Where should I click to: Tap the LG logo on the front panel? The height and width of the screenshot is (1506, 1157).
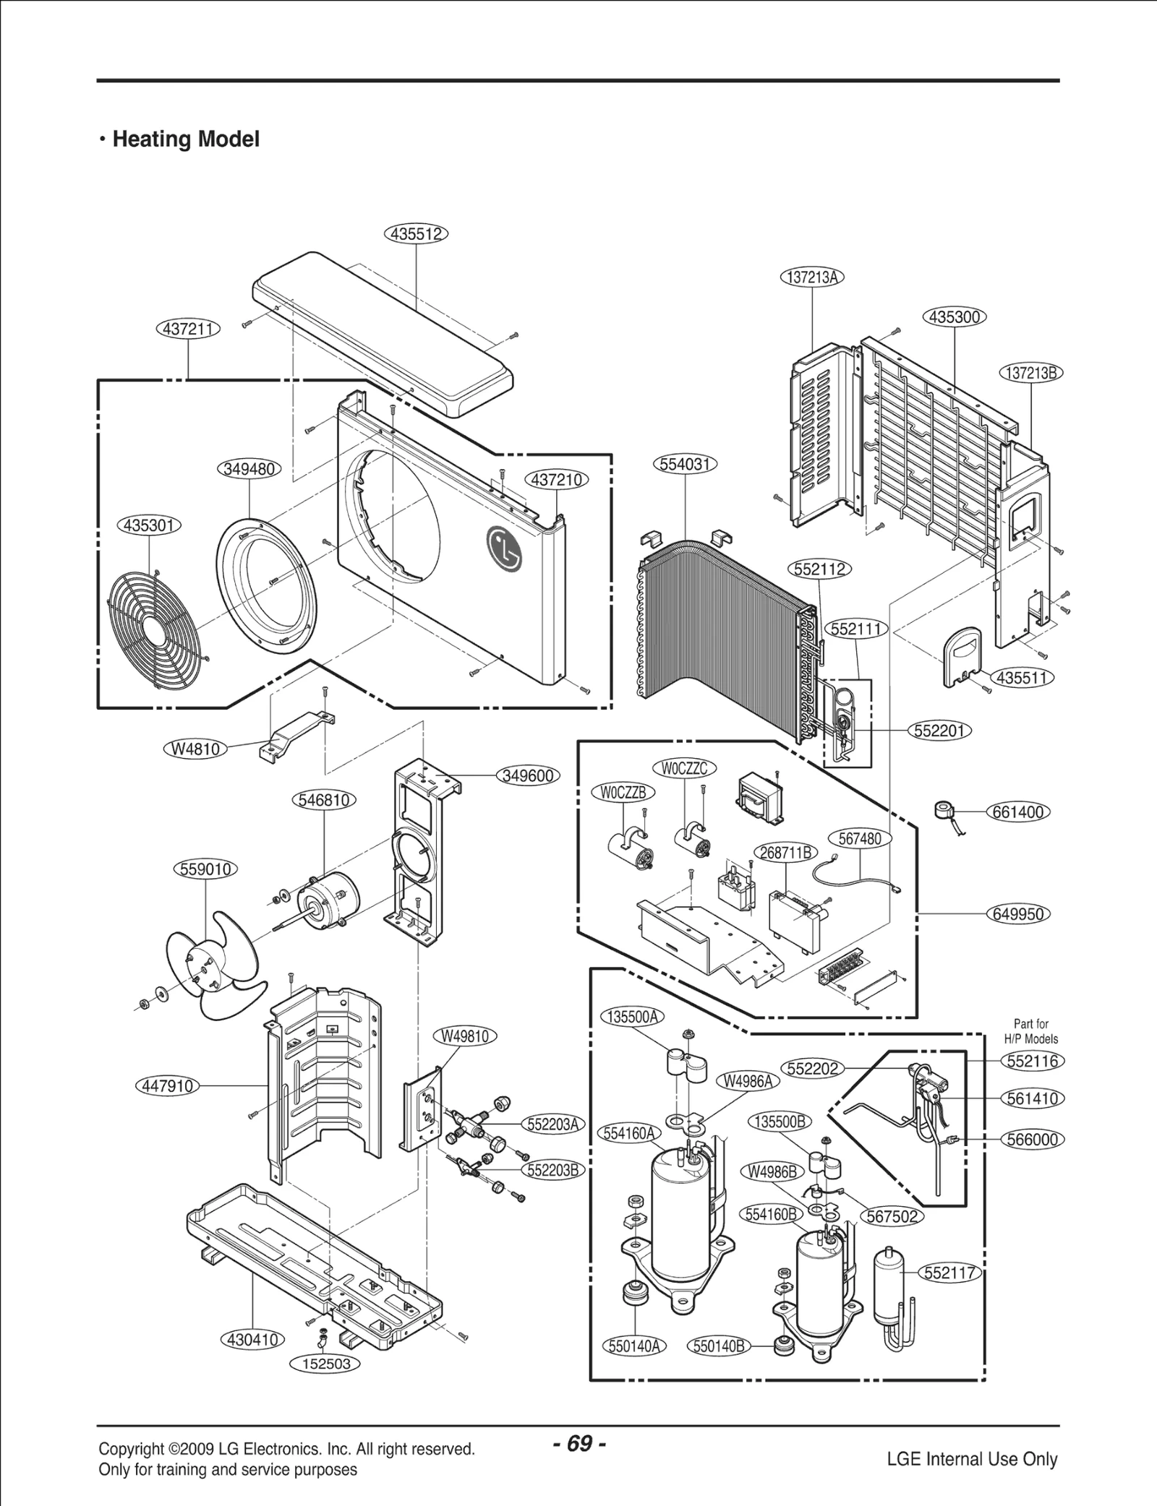click(505, 547)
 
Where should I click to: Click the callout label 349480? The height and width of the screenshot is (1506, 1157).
click(249, 469)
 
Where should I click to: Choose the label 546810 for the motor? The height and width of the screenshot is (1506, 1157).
click(325, 800)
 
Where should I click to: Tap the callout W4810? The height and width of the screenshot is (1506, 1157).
click(195, 749)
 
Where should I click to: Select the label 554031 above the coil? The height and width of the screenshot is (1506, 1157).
click(685, 464)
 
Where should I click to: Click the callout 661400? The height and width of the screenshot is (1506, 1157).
click(1018, 812)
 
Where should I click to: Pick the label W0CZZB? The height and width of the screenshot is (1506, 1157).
click(623, 792)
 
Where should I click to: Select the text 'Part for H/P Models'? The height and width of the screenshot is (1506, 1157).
click(1030, 1031)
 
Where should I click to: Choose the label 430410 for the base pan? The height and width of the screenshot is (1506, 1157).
click(252, 1339)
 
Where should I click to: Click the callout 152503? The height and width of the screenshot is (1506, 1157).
click(325, 1364)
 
